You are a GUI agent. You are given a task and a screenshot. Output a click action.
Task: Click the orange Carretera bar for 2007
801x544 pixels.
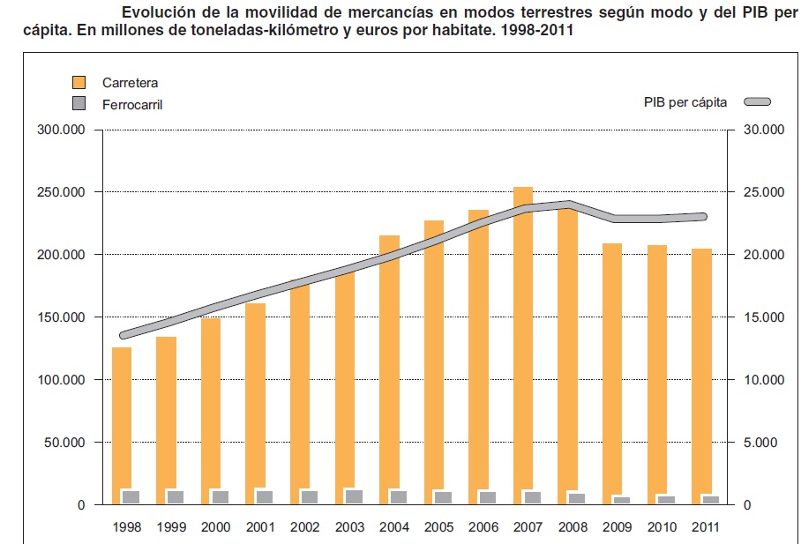523,344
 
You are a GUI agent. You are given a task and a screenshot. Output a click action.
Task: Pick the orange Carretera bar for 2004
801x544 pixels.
389,361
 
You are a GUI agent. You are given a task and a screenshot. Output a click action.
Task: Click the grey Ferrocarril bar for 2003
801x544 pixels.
354,496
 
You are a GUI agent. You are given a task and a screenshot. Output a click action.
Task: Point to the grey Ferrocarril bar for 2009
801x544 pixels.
622,500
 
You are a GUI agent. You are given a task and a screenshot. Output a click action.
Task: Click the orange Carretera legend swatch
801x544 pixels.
79,83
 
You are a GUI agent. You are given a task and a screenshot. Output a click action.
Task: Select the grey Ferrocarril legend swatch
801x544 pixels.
79,104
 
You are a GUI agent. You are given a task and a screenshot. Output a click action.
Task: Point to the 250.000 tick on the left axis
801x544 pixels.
61,192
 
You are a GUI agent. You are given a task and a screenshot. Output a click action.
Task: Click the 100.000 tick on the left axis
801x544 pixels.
61,380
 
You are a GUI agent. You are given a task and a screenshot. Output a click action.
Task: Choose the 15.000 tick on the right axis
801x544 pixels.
761,317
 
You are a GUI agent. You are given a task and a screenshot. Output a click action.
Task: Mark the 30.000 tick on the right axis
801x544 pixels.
761,130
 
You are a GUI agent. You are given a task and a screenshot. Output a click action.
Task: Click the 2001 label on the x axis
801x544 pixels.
261,527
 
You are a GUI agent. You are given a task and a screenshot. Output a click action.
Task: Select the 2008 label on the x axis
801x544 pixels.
573,527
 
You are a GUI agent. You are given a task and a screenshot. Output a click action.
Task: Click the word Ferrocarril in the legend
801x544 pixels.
133,104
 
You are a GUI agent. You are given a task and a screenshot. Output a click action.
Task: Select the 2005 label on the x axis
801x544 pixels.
439,527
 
